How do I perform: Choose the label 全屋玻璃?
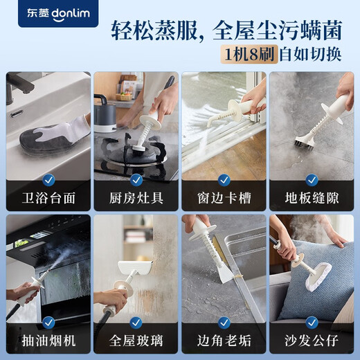136,341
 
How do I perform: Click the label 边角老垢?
224,341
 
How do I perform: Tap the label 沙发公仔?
312,341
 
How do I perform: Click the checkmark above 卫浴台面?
48,180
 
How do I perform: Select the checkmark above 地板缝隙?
312,180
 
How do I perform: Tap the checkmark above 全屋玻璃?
136,322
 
